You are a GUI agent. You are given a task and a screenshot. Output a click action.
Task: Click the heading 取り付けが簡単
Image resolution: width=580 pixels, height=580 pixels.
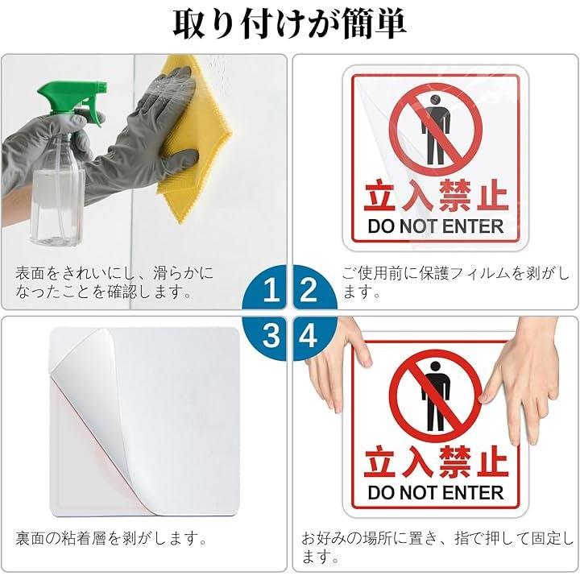(x=290, y=24)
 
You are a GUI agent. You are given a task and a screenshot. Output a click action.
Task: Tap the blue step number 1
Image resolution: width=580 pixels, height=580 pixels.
(x=271, y=290)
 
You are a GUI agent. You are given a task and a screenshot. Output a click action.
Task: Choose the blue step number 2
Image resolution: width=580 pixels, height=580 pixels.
(x=309, y=290)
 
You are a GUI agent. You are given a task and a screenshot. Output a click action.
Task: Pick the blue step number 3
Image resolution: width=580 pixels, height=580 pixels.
(x=271, y=335)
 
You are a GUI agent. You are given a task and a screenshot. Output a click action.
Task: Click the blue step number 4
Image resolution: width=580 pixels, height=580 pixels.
(x=308, y=335)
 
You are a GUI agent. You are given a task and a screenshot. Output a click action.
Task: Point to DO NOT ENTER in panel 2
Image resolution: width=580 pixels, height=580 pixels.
(x=436, y=226)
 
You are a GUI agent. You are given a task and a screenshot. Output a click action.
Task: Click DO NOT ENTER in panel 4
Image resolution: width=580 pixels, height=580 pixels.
(x=436, y=493)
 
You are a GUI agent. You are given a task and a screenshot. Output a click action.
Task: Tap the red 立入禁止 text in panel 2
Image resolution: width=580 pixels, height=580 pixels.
(x=436, y=195)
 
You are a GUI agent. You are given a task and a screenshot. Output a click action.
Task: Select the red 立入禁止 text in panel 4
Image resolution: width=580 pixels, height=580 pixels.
(x=436, y=462)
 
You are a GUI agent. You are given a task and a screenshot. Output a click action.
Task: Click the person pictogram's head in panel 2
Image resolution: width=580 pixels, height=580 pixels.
(x=436, y=100)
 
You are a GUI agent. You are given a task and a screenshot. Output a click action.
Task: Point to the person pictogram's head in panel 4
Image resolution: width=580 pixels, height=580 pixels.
(x=436, y=367)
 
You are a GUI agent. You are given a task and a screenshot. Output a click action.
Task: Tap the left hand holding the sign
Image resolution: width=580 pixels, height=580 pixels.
(x=338, y=367)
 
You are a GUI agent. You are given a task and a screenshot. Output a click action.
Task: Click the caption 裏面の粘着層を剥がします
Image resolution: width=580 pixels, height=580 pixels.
(x=111, y=539)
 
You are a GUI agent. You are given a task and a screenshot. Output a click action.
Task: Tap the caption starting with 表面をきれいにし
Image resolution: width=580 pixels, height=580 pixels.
(x=114, y=282)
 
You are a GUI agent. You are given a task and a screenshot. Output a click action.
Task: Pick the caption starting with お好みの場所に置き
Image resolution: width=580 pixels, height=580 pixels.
(x=437, y=548)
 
